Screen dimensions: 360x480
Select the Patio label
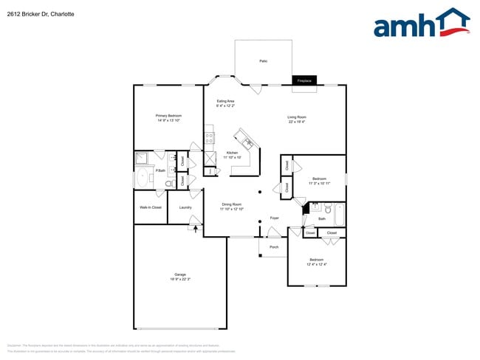[263, 61]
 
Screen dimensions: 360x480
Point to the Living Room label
[297, 119]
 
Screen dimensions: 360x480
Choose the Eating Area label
[225, 103]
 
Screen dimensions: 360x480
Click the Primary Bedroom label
[168, 118]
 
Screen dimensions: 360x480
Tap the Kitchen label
[231, 155]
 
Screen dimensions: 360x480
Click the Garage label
[180, 277]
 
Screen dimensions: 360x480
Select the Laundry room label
[185, 207]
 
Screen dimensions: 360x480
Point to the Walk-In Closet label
[151, 207]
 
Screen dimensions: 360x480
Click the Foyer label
[274, 218]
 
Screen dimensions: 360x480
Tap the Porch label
[273, 246]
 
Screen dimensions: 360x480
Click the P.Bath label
[160, 171]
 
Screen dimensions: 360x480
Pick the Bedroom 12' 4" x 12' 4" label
[316, 262]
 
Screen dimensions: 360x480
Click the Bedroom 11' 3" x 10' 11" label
[319, 181]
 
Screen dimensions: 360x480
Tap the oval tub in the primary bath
[143, 178]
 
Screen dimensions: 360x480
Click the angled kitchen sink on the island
[245, 139]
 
